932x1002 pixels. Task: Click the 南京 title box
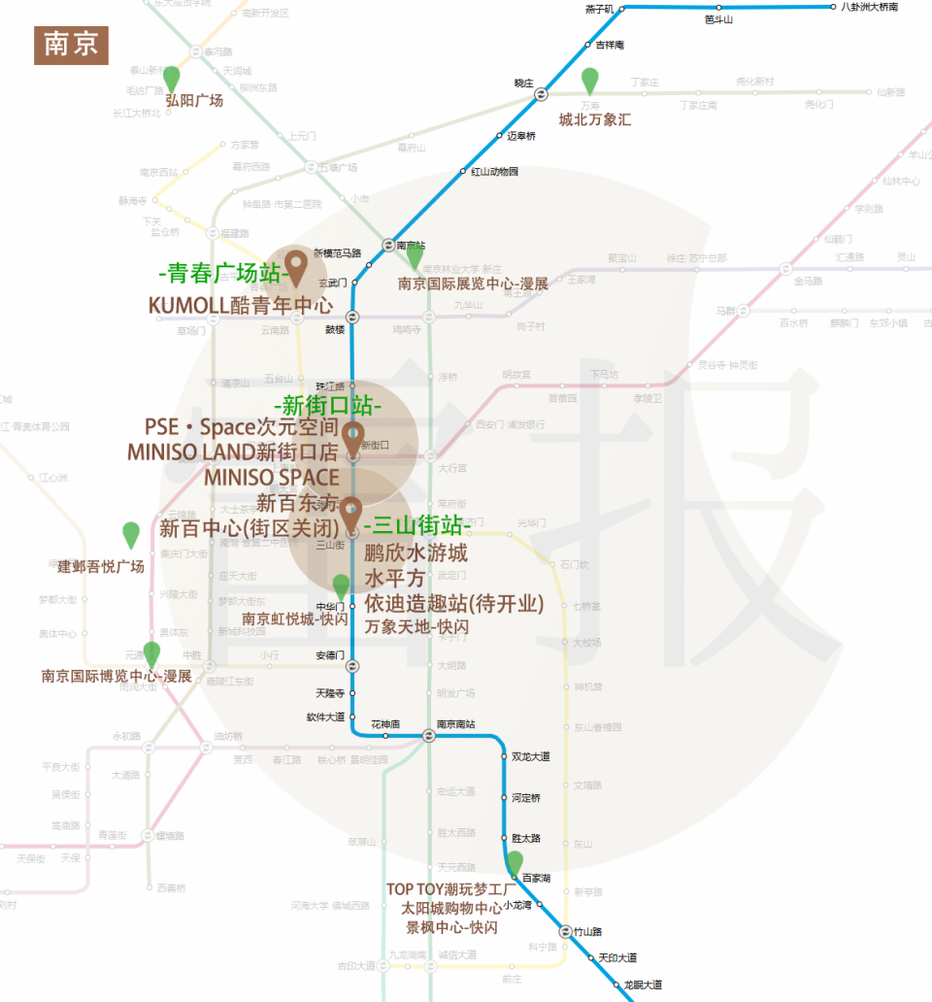[71, 45]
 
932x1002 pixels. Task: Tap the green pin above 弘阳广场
[172, 79]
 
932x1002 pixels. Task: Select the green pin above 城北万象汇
[589, 82]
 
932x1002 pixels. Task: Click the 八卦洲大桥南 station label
[869, 7]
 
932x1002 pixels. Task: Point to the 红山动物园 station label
[495, 172]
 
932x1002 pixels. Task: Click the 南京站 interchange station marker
[388, 246]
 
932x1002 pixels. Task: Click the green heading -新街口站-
[328, 403]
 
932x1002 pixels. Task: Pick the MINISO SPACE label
[272, 478]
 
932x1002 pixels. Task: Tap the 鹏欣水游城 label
[416, 553]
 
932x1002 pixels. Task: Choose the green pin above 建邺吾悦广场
[131, 534]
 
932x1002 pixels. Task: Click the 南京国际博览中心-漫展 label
[116, 676]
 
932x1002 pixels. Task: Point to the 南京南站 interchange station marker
[428, 736]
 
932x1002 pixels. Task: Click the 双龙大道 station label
[531, 756]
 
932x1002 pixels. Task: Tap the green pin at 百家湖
[515, 862]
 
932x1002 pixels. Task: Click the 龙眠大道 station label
[643, 985]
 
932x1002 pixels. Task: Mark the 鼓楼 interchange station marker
[352, 317]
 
